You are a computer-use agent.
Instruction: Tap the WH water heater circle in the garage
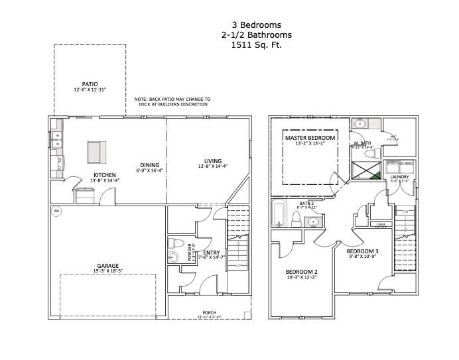click(x=56, y=211)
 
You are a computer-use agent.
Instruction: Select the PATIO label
click(x=90, y=85)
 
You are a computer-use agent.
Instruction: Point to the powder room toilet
click(x=173, y=242)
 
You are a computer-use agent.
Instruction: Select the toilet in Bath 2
click(x=298, y=219)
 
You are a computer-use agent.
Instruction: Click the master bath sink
click(x=360, y=123)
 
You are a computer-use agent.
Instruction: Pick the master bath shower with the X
click(x=367, y=170)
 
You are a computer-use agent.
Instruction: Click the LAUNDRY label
click(x=399, y=176)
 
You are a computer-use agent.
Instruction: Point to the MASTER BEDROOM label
click(x=310, y=138)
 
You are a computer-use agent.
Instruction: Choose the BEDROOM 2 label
click(x=301, y=272)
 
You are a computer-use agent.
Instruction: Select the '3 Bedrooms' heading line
click(x=256, y=25)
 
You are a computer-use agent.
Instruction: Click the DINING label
click(x=149, y=166)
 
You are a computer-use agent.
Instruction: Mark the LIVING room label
click(x=212, y=161)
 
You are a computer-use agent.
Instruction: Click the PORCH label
click(x=209, y=313)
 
